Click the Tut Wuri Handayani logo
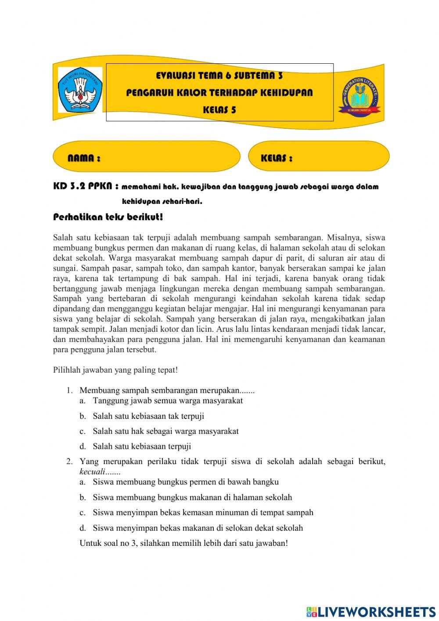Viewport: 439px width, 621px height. pos(80,90)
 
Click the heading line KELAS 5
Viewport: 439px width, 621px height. pos(219,110)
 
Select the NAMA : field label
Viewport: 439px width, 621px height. pos(84,158)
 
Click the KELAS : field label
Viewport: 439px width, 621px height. pos(277,158)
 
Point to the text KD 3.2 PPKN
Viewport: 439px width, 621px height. pos(86,186)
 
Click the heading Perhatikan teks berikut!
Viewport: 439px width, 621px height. pos(108,217)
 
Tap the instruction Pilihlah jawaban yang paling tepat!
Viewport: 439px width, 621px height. pos(115,370)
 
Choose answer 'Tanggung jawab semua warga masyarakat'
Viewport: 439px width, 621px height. pos(167,400)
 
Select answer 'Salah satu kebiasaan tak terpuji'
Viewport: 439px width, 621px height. pos(148,416)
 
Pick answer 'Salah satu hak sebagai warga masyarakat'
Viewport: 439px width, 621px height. pos(166,431)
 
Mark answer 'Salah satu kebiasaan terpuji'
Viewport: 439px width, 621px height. pos(142,446)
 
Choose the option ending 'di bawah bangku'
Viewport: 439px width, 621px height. pos(185,482)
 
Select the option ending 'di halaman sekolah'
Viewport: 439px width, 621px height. pos(192,498)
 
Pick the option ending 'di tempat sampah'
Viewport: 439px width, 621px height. pos(203,512)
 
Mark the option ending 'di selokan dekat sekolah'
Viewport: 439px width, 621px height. pos(198,528)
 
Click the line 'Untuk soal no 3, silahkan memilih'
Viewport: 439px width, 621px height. pos(184,543)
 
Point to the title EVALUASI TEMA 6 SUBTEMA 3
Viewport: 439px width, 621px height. pos(219,76)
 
